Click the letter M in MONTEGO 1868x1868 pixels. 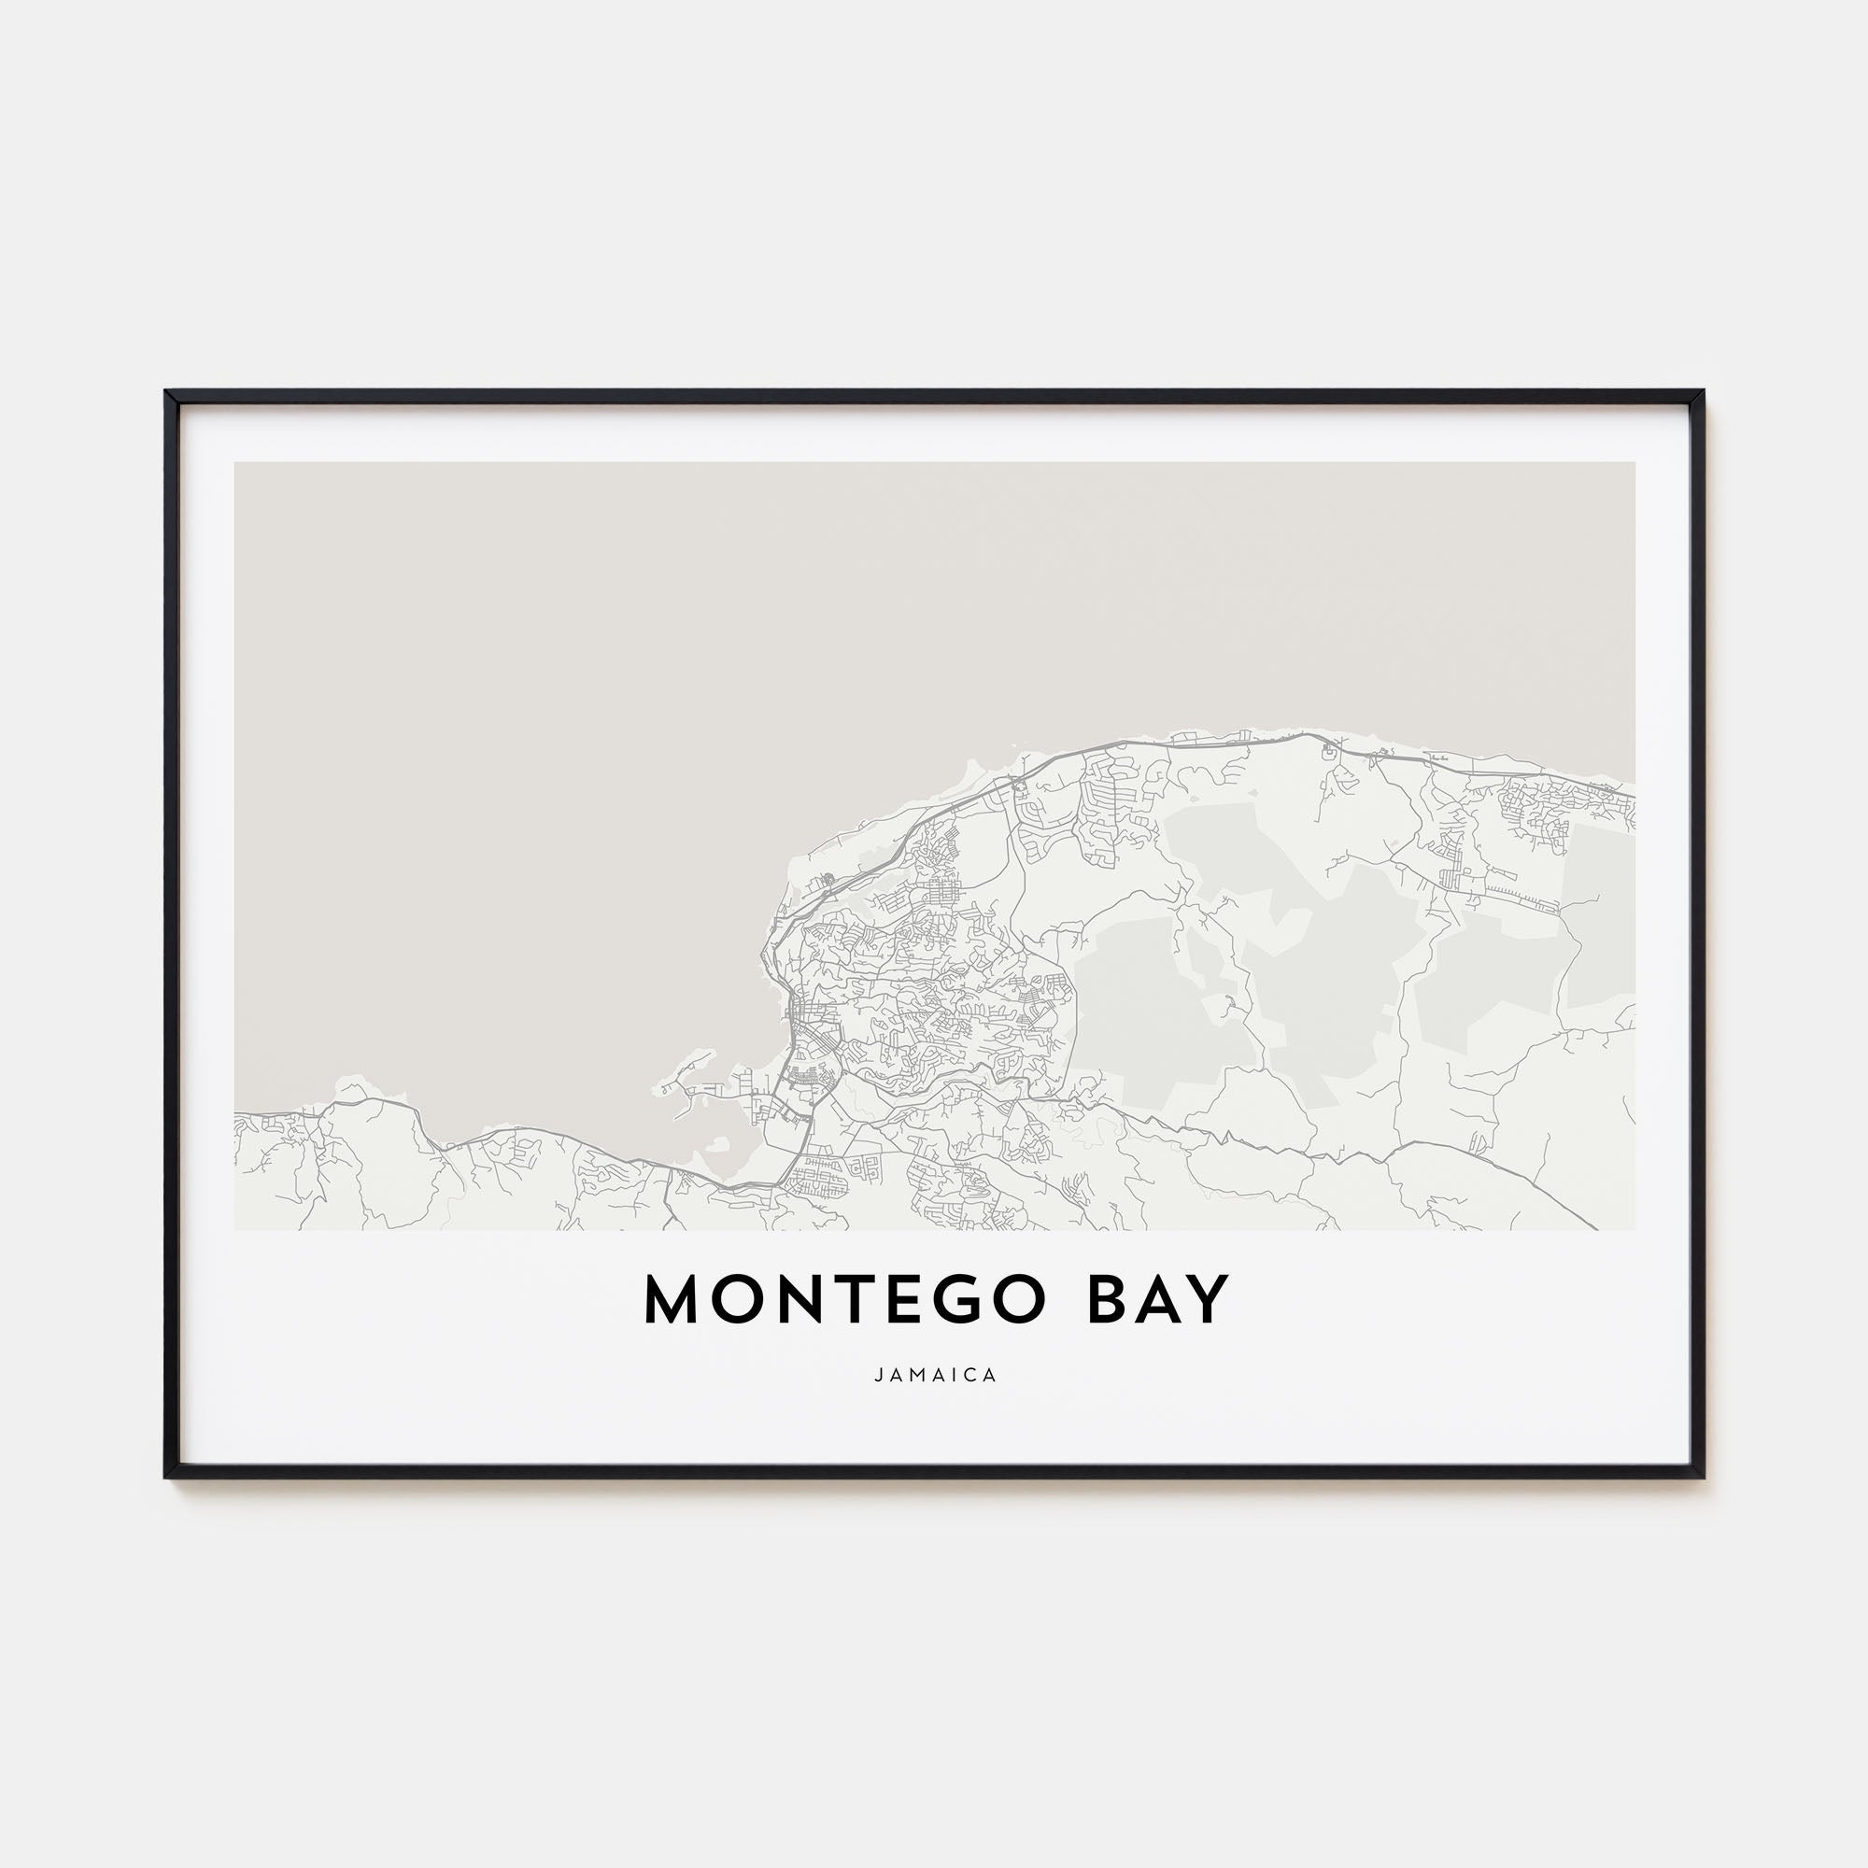[x=674, y=1299]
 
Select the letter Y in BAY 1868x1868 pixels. [x=1207, y=1299]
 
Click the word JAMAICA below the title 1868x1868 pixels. [x=935, y=1375]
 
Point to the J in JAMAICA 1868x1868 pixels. [x=878, y=1375]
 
